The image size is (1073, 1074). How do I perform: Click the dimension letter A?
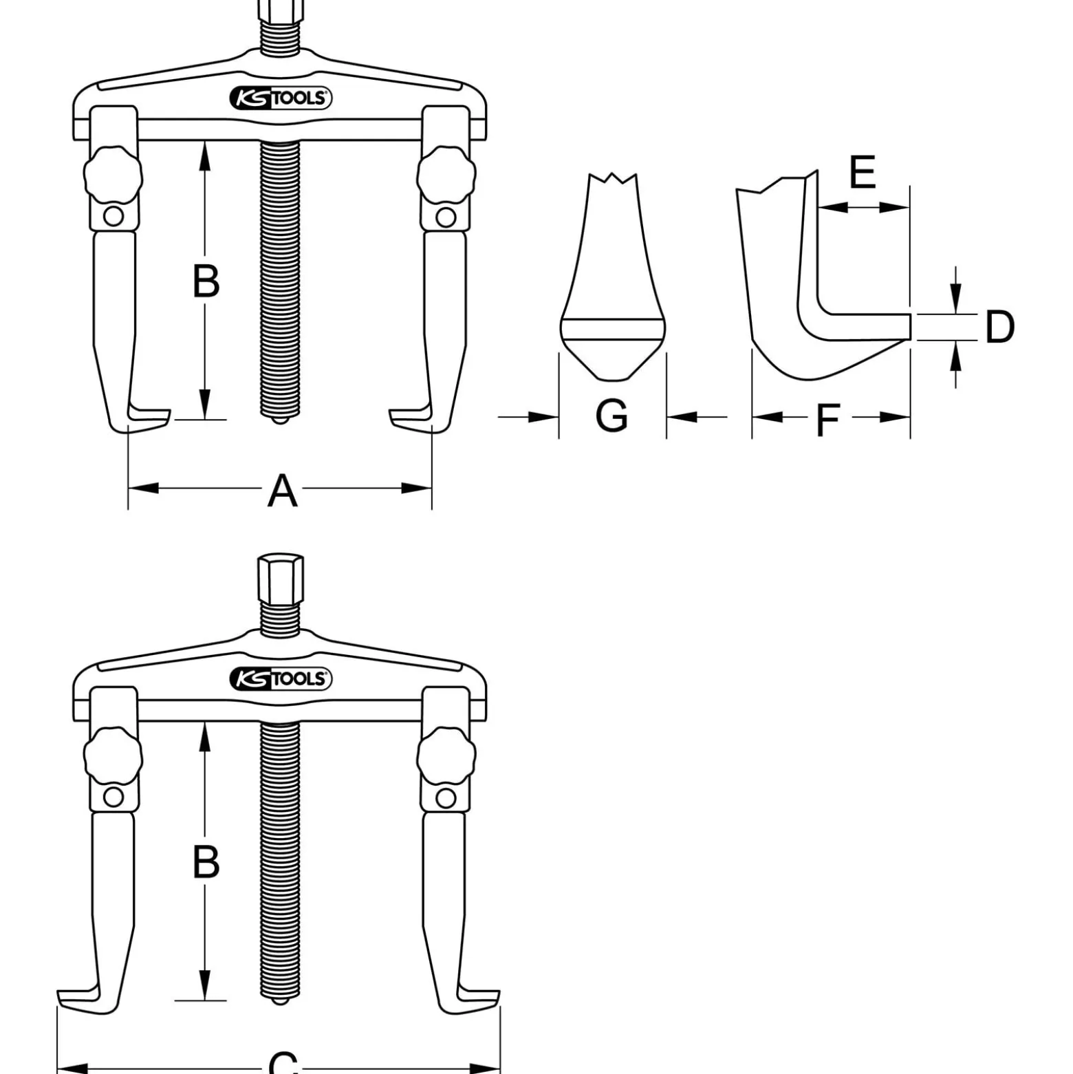tap(283, 491)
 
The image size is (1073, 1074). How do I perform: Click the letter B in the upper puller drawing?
tap(206, 281)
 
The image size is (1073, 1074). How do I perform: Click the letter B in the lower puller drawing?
tap(206, 861)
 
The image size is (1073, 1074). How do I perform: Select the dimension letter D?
tap(999, 327)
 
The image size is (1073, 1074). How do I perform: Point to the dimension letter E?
tap(863, 172)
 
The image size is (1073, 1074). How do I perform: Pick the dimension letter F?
tap(829, 420)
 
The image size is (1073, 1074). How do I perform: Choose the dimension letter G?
tap(611, 416)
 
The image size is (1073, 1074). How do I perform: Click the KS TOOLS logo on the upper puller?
tap(281, 98)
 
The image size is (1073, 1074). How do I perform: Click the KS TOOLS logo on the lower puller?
tap(281, 679)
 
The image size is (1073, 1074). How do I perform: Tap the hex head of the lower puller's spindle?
tap(281, 579)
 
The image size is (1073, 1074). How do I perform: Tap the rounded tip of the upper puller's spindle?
tap(280, 418)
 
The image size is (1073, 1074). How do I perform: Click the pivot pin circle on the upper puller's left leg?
tap(113, 217)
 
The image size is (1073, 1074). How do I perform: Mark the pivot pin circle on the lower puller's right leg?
tap(446, 798)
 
